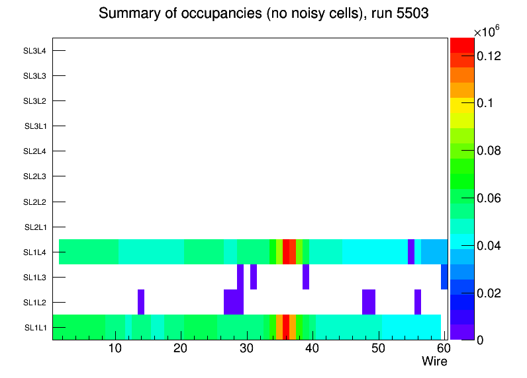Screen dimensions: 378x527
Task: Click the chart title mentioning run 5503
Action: coord(263,14)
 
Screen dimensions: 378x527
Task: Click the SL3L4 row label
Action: coord(35,51)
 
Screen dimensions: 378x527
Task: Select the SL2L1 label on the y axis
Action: coord(35,227)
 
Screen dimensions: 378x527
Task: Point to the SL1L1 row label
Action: coord(35,328)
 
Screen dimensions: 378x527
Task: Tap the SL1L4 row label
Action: coord(35,252)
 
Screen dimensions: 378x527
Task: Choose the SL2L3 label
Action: coord(35,176)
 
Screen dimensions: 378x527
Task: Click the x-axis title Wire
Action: coord(434,361)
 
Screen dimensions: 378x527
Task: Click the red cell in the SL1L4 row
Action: coord(286,252)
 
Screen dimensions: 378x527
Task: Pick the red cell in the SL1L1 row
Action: coord(286,327)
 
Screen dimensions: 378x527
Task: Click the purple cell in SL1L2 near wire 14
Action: coord(141,302)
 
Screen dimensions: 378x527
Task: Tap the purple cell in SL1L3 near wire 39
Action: coord(306,277)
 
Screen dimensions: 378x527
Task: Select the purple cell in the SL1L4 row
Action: coord(411,252)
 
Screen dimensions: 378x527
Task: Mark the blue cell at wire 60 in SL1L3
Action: coord(444,277)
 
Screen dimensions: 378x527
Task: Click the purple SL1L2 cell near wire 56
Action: coord(418,302)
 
